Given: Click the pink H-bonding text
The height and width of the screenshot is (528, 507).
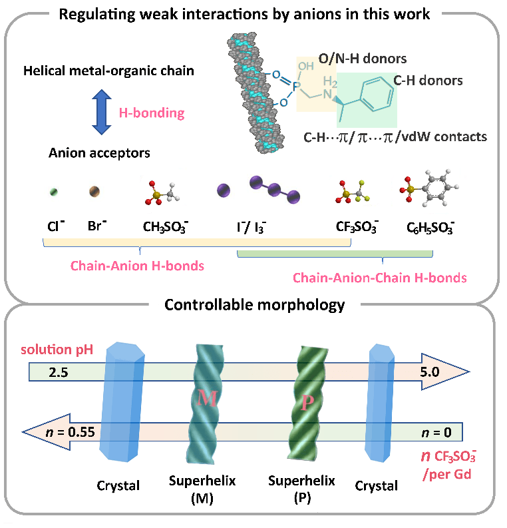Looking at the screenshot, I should tap(151, 113).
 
